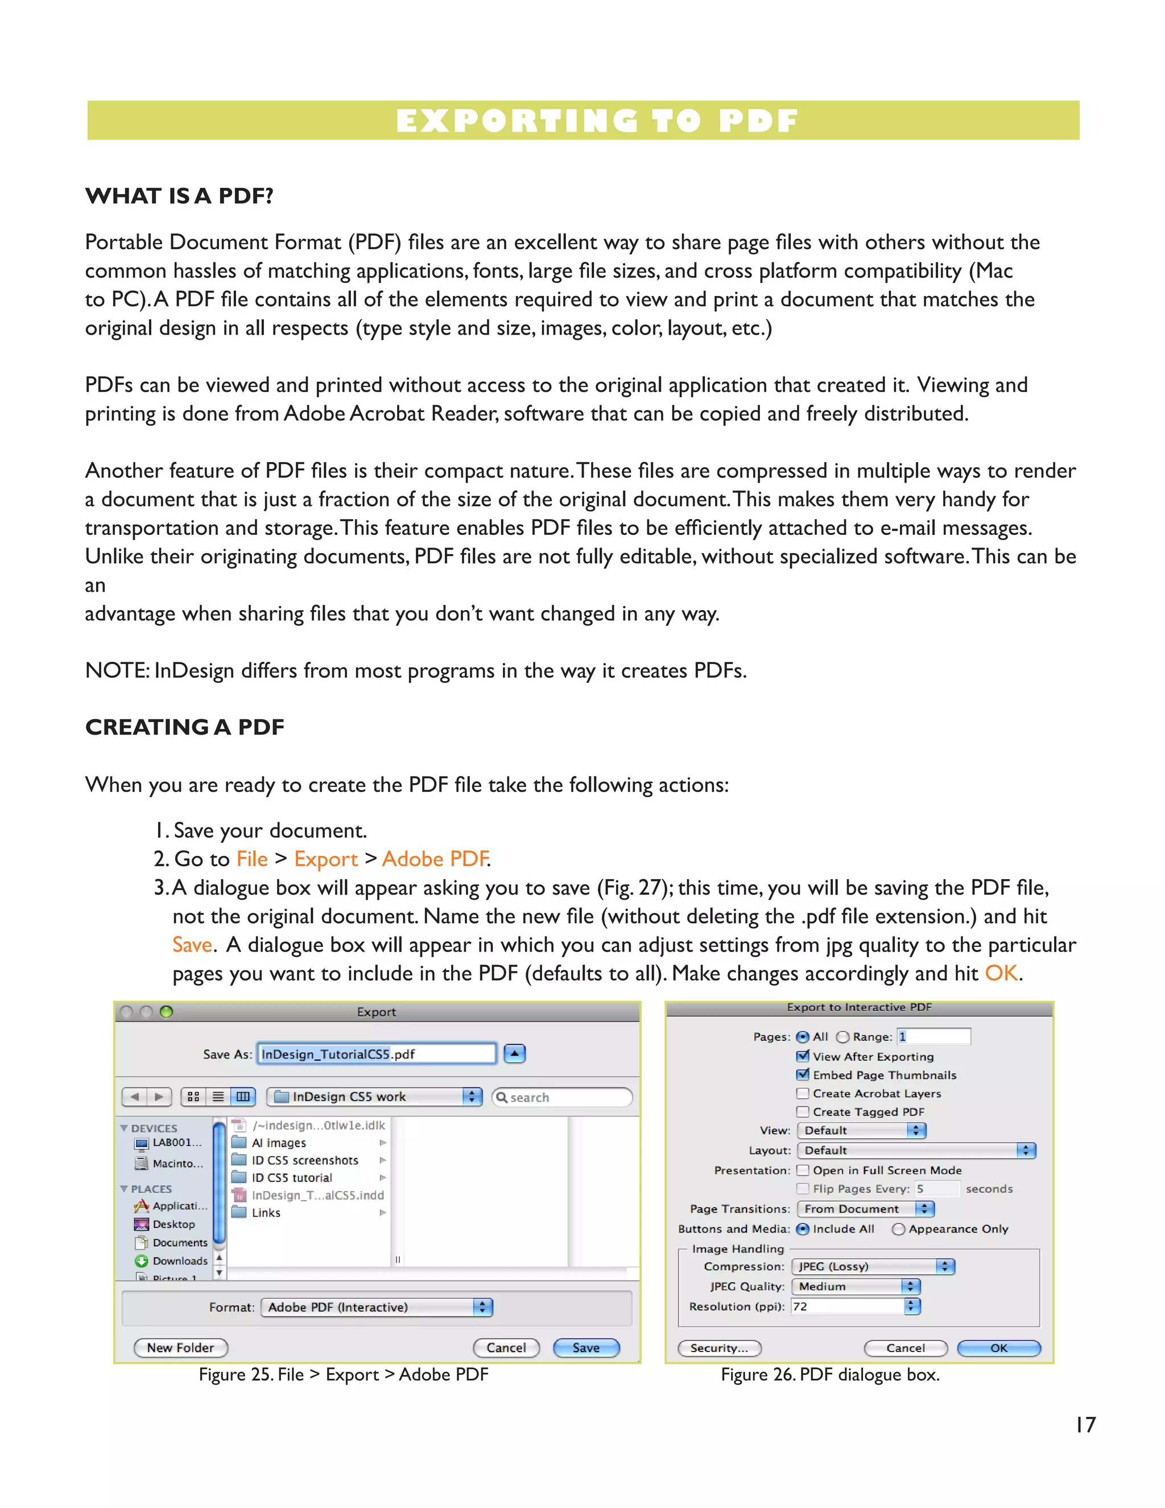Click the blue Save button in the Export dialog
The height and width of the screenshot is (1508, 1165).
(x=586, y=1347)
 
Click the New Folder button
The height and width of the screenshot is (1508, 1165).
(x=180, y=1347)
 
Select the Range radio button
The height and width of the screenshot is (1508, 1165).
(x=842, y=1037)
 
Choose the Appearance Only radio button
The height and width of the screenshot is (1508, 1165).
(x=899, y=1229)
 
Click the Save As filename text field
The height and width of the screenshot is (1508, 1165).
(x=376, y=1054)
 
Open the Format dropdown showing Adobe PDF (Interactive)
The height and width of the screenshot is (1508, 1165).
(x=377, y=1307)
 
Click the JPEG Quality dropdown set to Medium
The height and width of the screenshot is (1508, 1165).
(x=856, y=1287)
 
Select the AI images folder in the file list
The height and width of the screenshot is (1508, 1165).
(x=278, y=1143)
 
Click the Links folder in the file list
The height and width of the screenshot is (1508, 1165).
(x=266, y=1213)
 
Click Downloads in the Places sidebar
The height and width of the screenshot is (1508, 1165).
(x=179, y=1261)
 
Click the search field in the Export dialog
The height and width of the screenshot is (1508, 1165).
(x=563, y=1097)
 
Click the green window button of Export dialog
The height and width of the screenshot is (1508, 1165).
(x=166, y=1012)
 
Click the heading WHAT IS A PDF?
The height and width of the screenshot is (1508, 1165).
(x=179, y=196)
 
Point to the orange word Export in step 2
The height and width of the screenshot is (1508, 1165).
(x=326, y=859)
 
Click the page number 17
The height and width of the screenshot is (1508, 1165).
(x=1085, y=1424)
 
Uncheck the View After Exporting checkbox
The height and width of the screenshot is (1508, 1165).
(x=803, y=1056)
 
